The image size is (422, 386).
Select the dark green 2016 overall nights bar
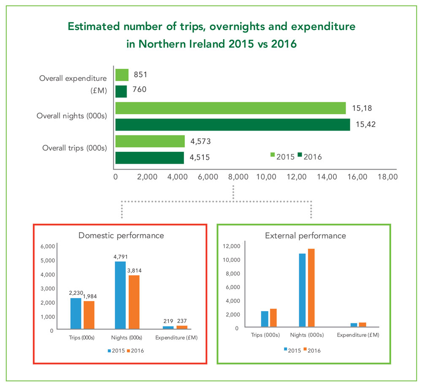[233, 125]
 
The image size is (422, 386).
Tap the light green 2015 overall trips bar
[150, 141]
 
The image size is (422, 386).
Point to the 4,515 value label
[200, 158]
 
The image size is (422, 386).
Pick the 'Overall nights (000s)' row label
[72, 116]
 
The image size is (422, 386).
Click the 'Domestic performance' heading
[121, 235]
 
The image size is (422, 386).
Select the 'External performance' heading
[306, 235]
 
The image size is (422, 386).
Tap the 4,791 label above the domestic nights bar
[120, 256]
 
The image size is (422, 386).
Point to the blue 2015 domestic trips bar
[76, 313]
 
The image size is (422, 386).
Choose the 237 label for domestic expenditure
[182, 321]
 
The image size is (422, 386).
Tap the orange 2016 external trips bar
[273, 318]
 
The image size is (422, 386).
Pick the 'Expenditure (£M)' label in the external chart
[358, 335]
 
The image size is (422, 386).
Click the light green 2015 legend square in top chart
[273, 155]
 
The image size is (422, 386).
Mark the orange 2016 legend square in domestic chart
[129, 350]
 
